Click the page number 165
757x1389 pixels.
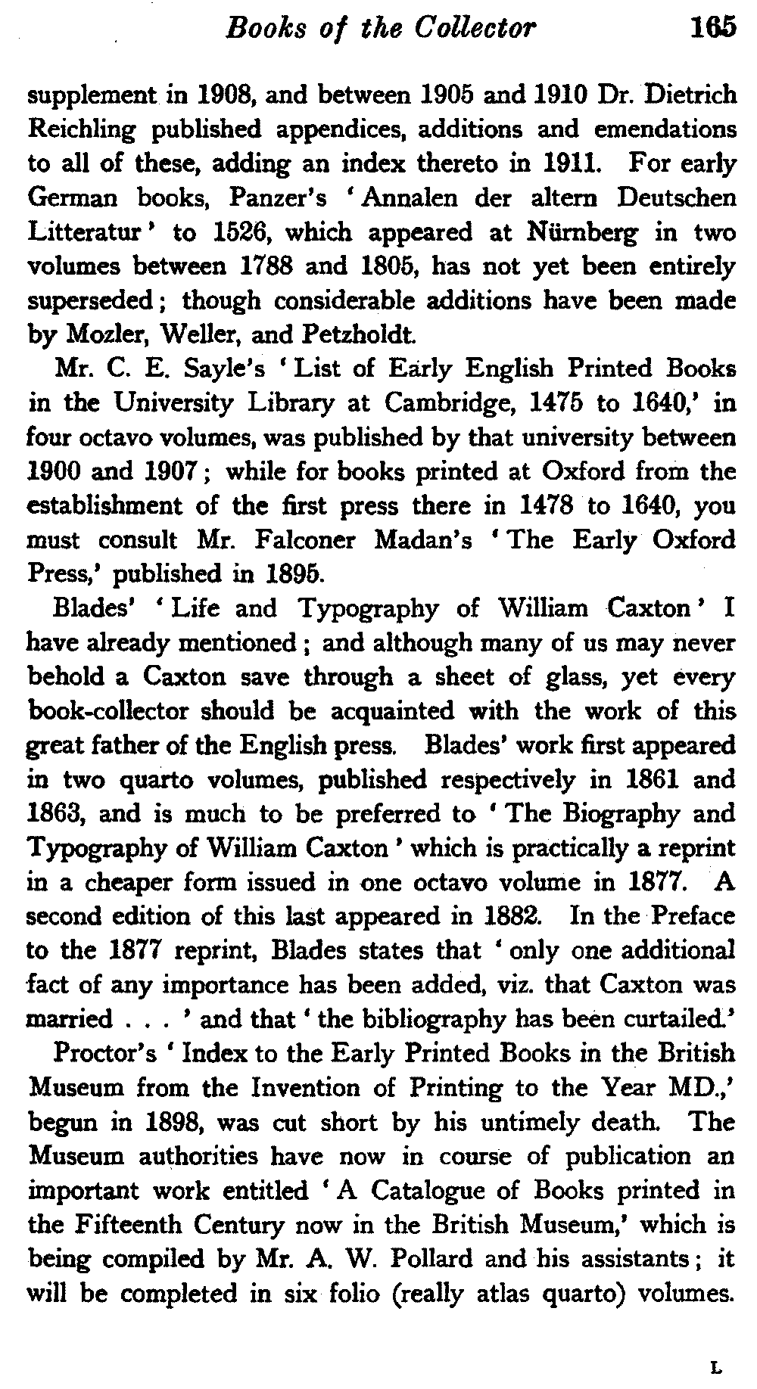pos(712,28)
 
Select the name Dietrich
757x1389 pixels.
pos(690,95)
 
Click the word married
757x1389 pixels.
pos(69,1020)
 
